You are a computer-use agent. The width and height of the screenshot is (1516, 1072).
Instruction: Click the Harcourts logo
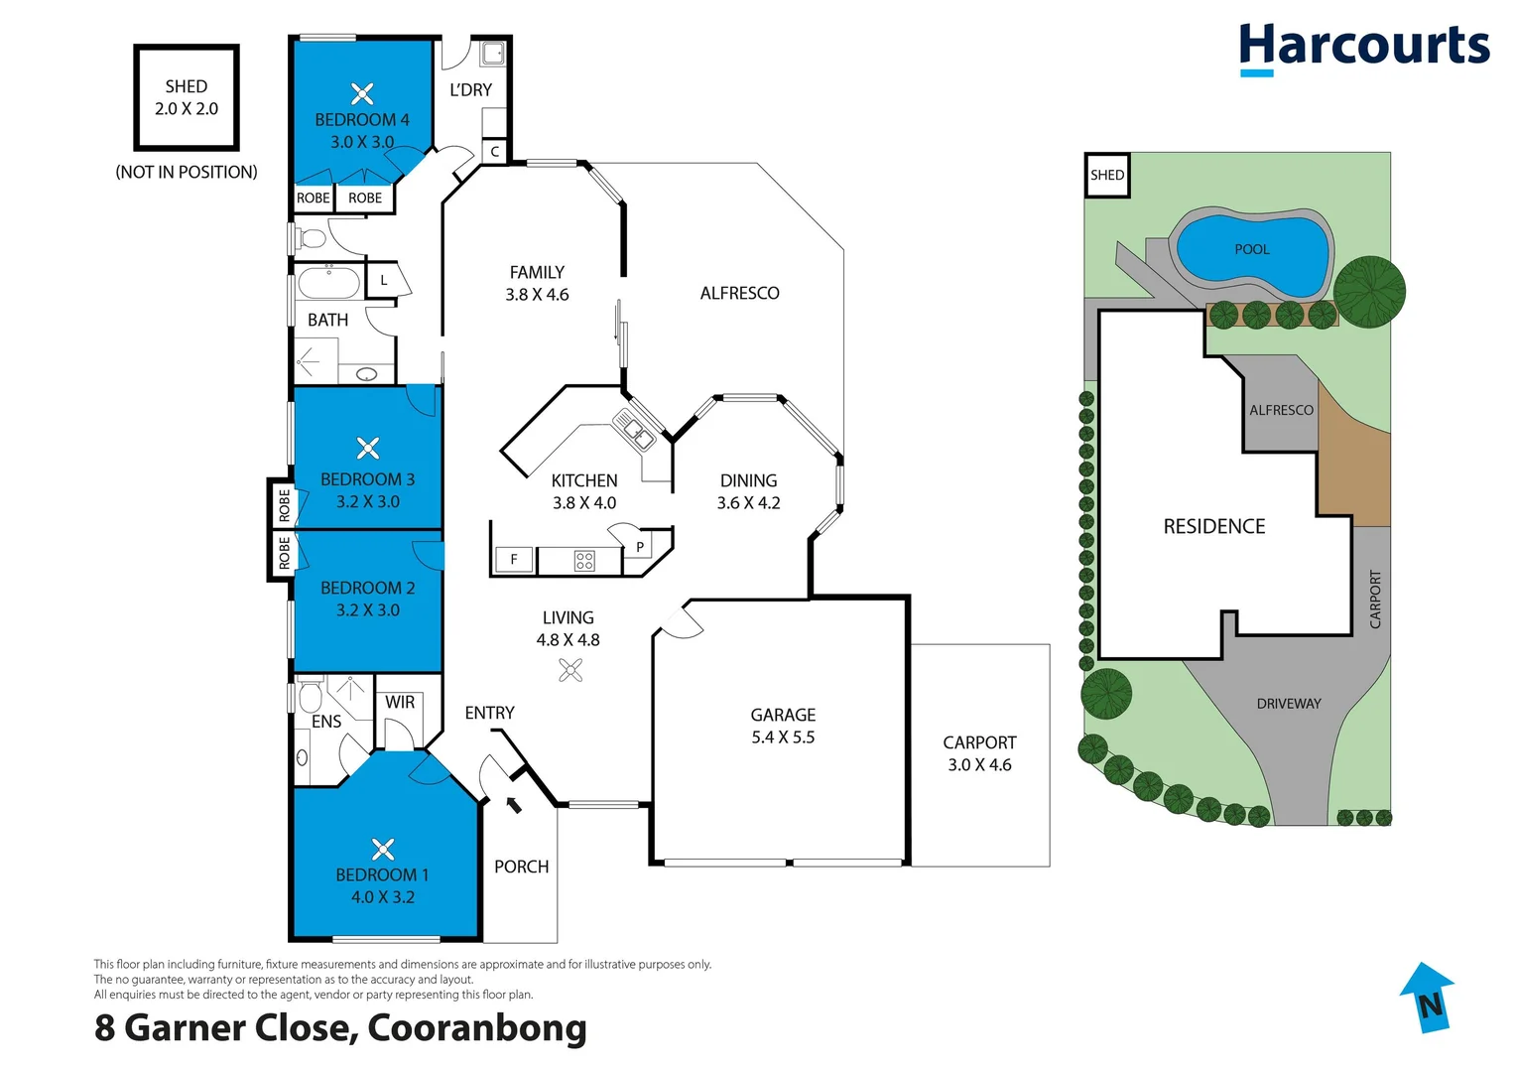point(1363,48)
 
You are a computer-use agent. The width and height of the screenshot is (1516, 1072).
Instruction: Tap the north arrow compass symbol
point(1427,997)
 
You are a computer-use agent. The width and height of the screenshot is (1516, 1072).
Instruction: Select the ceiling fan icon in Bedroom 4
point(362,94)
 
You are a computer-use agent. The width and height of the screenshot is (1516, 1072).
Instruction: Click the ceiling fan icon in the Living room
point(570,671)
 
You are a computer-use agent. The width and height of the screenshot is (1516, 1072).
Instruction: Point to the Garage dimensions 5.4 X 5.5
point(783,737)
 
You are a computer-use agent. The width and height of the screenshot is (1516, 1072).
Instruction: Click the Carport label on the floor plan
point(979,742)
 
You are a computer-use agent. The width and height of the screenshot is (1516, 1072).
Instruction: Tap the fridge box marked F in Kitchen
point(514,560)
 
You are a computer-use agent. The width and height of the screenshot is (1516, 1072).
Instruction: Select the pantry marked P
point(640,547)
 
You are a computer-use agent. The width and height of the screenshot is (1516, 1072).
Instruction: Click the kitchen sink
point(633,430)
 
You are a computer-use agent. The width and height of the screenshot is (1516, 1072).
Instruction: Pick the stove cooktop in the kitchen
point(584,561)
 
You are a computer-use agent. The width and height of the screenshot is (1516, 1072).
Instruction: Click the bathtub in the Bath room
point(328,283)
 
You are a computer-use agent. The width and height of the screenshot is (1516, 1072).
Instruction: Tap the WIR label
point(400,702)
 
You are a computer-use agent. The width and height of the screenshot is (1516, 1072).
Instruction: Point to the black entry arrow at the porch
point(514,804)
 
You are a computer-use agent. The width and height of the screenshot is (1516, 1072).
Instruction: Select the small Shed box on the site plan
point(1107,176)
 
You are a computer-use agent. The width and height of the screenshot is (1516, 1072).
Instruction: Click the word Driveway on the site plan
point(1289,704)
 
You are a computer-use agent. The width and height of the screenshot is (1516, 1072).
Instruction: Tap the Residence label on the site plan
point(1214,526)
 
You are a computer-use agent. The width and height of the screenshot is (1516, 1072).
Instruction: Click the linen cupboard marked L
point(384,281)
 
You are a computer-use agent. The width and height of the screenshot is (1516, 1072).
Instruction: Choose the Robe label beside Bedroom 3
point(285,505)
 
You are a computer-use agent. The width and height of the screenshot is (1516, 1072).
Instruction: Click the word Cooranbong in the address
point(477,1027)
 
